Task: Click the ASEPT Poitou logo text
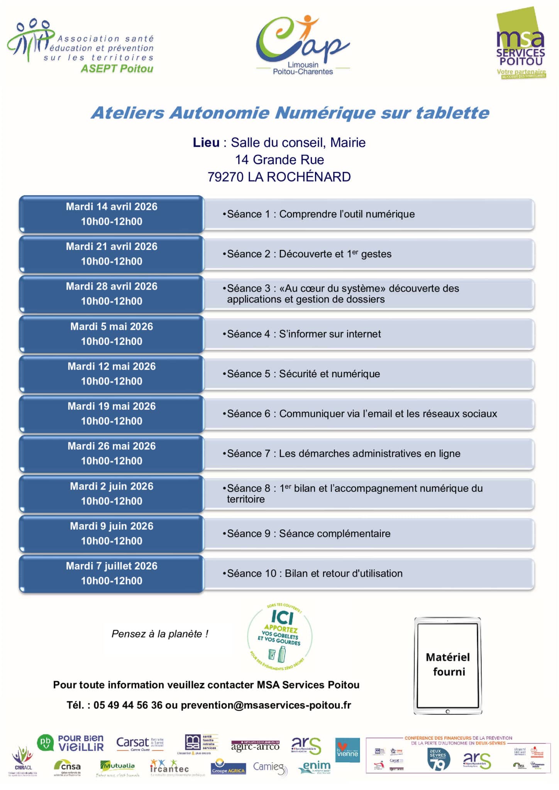pos(117,69)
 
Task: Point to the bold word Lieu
pos(206,143)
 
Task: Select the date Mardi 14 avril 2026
pos(112,207)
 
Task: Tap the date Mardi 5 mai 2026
pos(112,327)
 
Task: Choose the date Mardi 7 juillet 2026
pos(112,566)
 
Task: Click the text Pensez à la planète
pos(160,634)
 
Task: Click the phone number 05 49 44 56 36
pos(128,705)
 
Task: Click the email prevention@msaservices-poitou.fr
pos(266,705)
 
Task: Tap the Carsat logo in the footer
pos(139,743)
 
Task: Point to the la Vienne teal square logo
pos(347,750)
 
